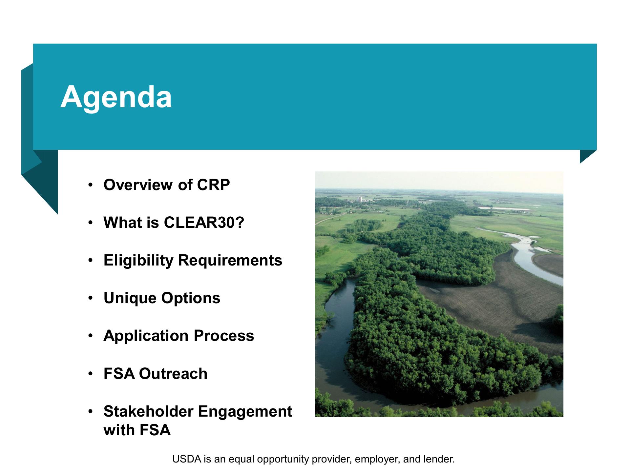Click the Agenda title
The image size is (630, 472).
(116, 97)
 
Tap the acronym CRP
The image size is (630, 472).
(213, 185)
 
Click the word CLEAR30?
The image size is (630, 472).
(204, 223)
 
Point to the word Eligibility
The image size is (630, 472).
(138, 261)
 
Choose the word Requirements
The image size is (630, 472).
(230, 261)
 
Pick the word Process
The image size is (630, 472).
(224, 336)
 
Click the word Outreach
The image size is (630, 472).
(173, 374)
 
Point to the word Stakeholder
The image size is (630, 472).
(148, 411)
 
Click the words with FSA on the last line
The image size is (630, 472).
(137, 430)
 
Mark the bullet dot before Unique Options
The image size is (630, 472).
(90, 299)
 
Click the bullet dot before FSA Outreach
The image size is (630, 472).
(90, 374)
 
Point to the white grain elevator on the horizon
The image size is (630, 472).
(360, 199)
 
